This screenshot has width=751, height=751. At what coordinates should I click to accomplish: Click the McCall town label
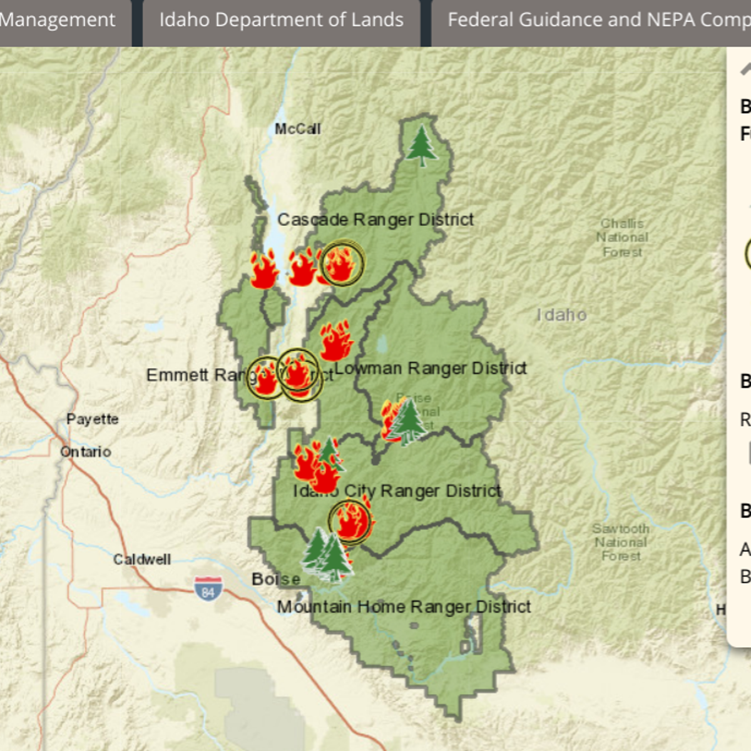click(297, 129)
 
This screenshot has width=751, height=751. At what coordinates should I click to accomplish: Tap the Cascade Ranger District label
click(375, 220)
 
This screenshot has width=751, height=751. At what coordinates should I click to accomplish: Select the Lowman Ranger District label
click(431, 368)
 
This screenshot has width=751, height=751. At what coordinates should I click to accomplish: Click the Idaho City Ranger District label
click(397, 491)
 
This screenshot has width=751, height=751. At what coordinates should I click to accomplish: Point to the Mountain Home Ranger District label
click(404, 606)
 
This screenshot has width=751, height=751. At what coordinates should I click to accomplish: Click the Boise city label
click(275, 579)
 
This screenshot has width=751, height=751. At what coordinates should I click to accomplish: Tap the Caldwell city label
click(141, 559)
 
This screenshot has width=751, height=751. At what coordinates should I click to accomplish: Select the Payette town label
click(93, 419)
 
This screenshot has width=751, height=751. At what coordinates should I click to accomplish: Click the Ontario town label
click(86, 451)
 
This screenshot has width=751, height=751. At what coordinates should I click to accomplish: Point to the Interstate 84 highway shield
click(208, 589)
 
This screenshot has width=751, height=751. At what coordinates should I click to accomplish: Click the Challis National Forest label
click(622, 237)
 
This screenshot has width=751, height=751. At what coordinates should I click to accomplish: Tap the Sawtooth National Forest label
click(621, 542)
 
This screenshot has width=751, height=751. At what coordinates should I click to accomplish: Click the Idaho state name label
click(561, 315)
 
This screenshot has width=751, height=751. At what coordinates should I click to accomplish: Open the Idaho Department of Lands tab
click(281, 20)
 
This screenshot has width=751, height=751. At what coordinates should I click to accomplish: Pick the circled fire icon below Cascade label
click(342, 263)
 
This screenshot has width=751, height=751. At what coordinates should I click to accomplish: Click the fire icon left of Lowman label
click(335, 340)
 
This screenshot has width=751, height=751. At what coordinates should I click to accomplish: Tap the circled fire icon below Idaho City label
click(350, 521)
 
